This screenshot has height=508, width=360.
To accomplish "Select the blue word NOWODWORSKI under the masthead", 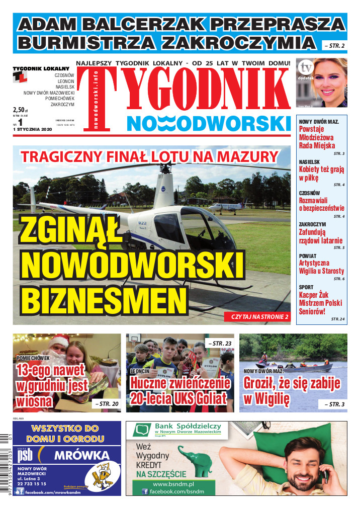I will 209,123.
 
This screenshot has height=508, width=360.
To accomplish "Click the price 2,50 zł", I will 20,109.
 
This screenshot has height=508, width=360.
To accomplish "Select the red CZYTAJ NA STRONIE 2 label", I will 259,317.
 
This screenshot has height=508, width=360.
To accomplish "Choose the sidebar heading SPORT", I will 306,287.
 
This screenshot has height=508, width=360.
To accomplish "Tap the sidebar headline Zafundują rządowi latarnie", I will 320,236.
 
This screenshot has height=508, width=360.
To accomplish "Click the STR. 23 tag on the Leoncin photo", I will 221,344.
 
